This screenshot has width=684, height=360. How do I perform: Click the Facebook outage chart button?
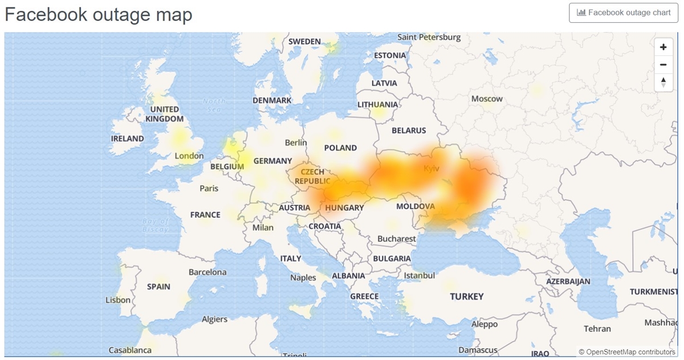click(x=624, y=13)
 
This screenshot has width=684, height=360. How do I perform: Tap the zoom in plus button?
click(x=663, y=47)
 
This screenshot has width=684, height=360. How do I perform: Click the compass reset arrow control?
click(x=663, y=82)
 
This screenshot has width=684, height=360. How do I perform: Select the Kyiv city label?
click(x=432, y=169)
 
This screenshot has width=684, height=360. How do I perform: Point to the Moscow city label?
click(x=487, y=99)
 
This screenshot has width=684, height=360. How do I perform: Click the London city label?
click(x=189, y=156)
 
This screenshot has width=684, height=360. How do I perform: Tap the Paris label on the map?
click(x=209, y=188)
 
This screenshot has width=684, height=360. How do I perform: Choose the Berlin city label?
click(x=296, y=142)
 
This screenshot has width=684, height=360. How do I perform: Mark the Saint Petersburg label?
click(x=429, y=37)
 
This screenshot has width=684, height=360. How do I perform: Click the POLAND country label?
click(x=340, y=148)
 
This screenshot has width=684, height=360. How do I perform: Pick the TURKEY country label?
click(x=466, y=296)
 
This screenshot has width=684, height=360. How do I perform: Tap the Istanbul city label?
click(x=419, y=276)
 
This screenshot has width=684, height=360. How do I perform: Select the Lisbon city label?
click(x=118, y=300)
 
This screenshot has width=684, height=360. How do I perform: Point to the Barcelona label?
click(x=207, y=272)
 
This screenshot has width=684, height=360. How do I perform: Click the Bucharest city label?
click(x=397, y=239)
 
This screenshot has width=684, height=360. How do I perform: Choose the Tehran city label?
click(x=597, y=329)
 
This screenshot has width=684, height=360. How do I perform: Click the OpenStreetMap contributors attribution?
click(x=627, y=352)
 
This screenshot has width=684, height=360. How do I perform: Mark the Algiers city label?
click(x=214, y=320)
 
